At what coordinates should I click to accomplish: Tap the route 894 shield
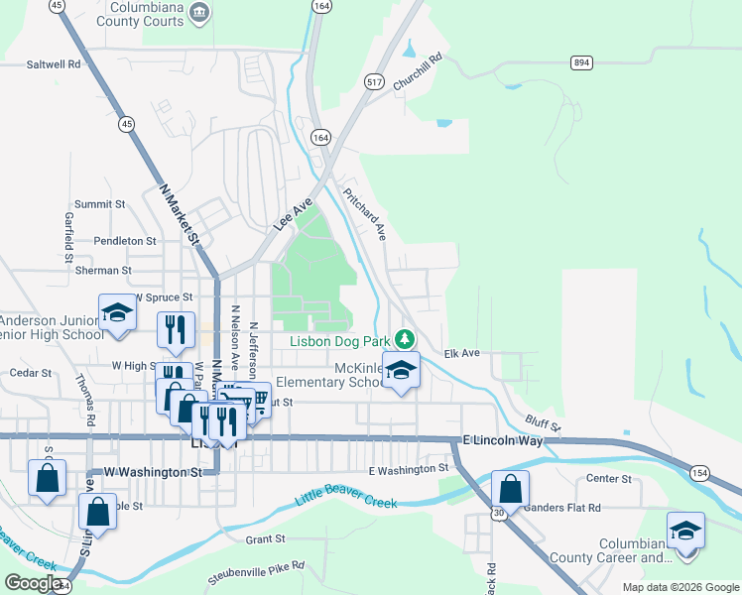pyautogui.click(x=581, y=62)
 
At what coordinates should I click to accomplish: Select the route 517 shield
pyautogui.click(x=373, y=80)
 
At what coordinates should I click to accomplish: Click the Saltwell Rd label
pyautogui.click(x=54, y=63)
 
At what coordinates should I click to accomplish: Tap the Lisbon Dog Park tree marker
pyautogui.click(x=404, y=339)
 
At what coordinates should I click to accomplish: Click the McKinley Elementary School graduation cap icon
pyautogui.click(x=400, y=371)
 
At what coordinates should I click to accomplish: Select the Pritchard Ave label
pyautogui.click(x=364, y=213)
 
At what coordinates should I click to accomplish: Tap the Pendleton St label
pyautogui.click(x=125, y=241)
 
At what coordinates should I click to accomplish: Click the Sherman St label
pyautogui.click(x=103, y=270)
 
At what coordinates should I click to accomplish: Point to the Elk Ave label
pyautogui.click(x=461, y=353)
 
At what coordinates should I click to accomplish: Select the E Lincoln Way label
pyautogui.click(x=503, y=439)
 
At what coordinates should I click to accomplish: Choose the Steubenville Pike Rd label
pyautogui.click(x=256, y=572)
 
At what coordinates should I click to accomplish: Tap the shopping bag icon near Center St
pyautogui.click(x=510, y=489)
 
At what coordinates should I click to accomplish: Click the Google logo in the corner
pyautogui.click(x=34, y=582)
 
